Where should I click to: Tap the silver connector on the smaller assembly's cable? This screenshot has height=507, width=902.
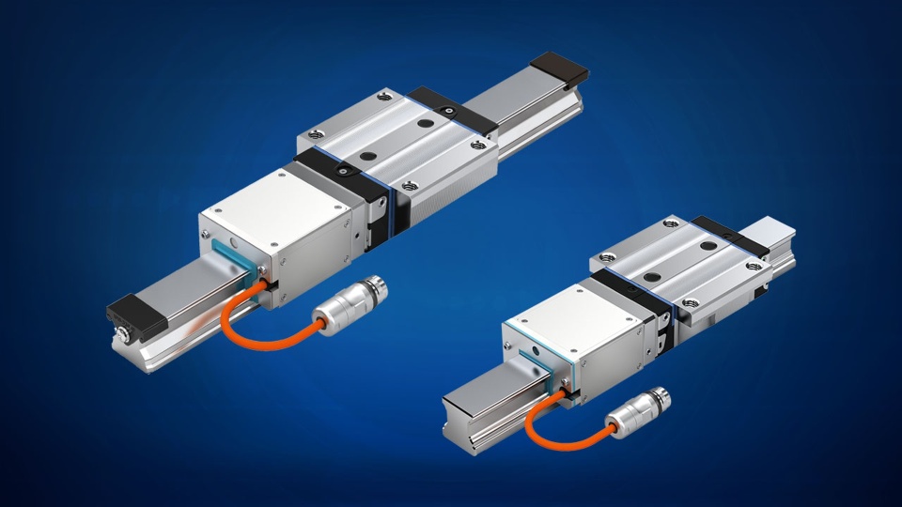coord(639,409)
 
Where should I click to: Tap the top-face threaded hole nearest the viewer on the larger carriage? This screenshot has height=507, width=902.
coord(410,186)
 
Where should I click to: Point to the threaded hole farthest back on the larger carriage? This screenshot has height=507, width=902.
coord(381,96)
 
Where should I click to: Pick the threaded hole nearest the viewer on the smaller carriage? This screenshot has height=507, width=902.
coord(690,303)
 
